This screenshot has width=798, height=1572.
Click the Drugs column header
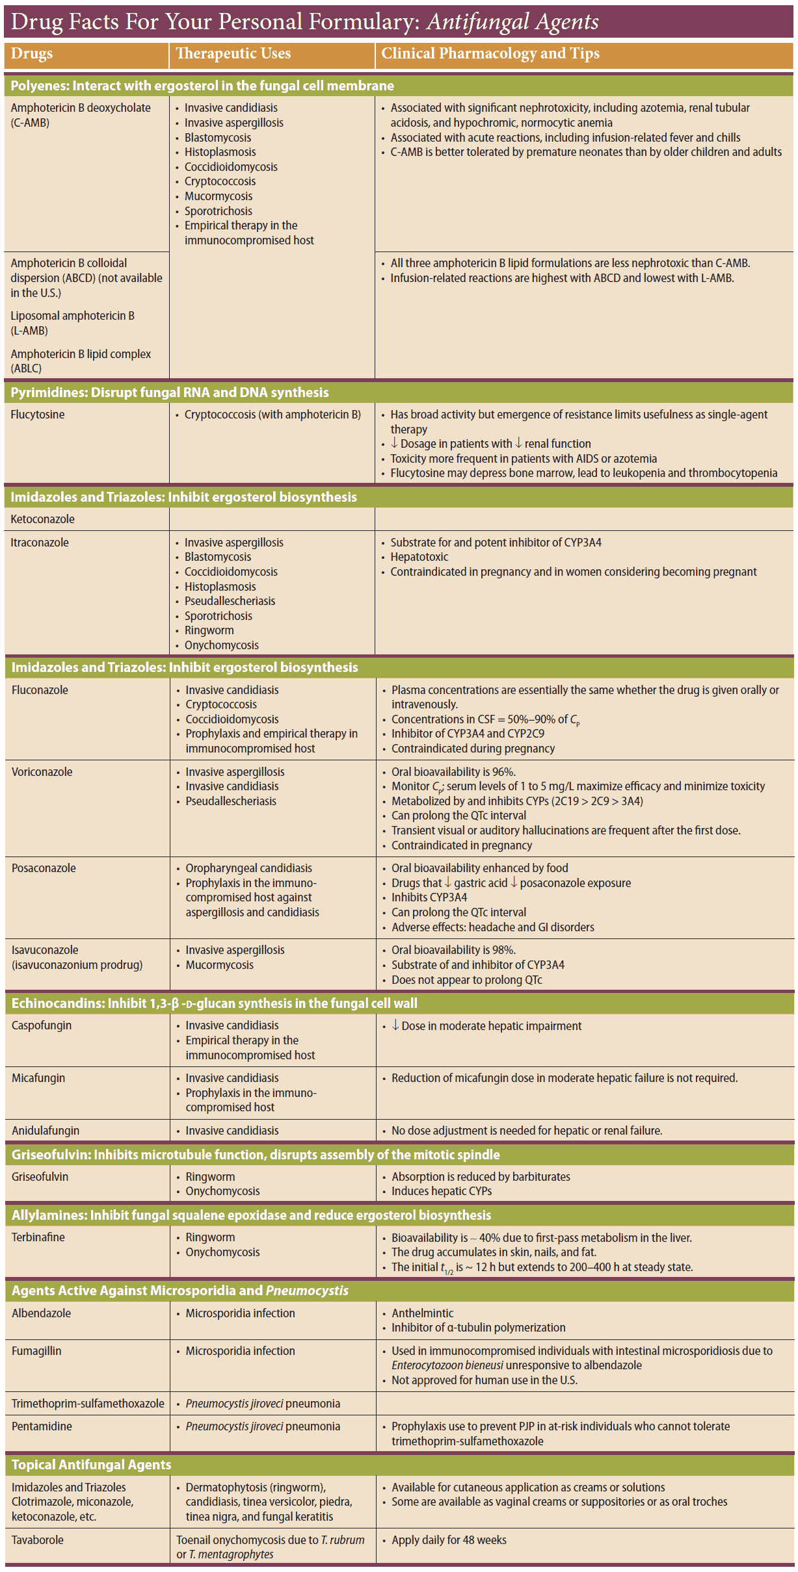point(32,54)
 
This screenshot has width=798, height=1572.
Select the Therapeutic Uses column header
point(233,54)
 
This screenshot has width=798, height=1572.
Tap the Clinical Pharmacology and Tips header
point(490,54)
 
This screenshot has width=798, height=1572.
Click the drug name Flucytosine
point(38,415)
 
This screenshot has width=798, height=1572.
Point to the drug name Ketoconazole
point(42,519)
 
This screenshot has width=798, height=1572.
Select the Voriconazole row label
point(42,772)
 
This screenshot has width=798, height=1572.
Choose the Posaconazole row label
point(44,868)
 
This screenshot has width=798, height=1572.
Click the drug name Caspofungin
point(42,1025)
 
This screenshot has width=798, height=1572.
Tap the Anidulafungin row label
point(46,1131)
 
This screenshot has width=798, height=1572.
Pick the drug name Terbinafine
point(38,1237)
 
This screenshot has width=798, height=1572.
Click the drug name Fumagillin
point(36,1351)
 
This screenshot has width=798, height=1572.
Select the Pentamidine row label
point(42,1426)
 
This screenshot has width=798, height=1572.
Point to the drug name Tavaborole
point(38,1540)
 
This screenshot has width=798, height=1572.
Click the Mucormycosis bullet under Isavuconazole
point(219,965)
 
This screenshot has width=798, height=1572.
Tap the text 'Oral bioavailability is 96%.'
point(453,772)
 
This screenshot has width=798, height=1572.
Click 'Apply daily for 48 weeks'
point(449,1540)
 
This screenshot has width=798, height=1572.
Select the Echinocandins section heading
point(215,1003)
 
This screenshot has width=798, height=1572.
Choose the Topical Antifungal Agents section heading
point(91,1465)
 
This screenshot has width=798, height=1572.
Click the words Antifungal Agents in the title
point(512,22)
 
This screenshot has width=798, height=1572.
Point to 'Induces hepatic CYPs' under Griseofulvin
point(441,1191)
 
